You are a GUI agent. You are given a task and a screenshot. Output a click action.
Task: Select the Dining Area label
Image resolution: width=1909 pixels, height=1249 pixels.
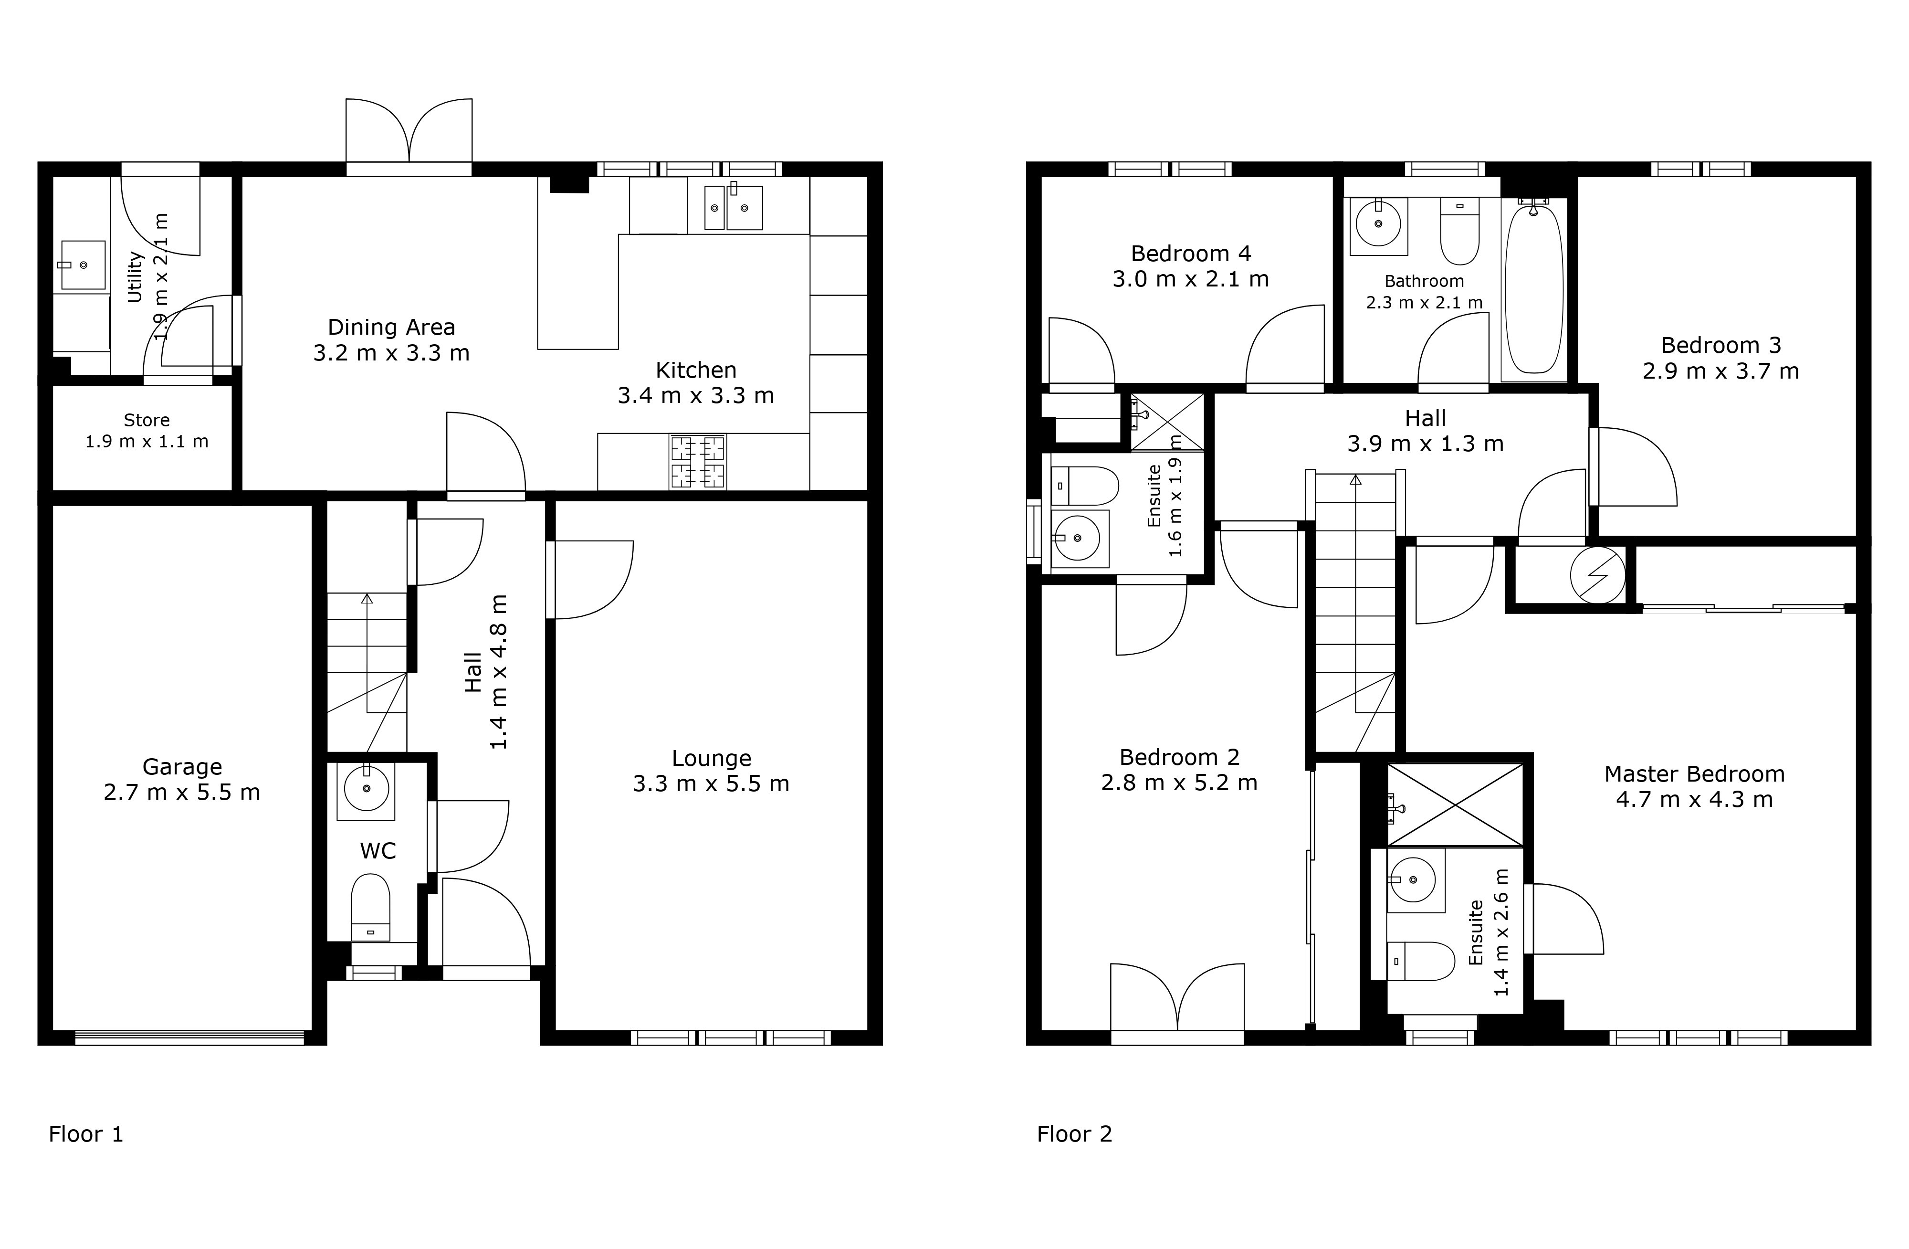[391, 328]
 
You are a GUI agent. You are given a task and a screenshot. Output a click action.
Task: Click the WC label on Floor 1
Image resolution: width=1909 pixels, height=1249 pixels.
[378, 850]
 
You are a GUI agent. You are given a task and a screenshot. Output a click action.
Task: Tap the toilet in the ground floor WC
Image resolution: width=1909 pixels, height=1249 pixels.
[370, 907]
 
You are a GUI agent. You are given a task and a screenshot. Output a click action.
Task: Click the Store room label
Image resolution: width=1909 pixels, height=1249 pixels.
[147, 420]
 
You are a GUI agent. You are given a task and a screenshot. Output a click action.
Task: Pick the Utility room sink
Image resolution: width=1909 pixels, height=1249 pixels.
[83, 265]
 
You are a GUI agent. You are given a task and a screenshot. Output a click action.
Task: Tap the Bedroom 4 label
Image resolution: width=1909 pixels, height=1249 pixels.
[1191, 254]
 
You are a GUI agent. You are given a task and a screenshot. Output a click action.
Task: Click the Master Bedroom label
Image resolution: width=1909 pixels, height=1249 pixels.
[1695, 773]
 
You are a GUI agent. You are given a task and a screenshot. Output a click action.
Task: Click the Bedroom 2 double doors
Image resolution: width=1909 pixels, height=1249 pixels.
[1177, 1003]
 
